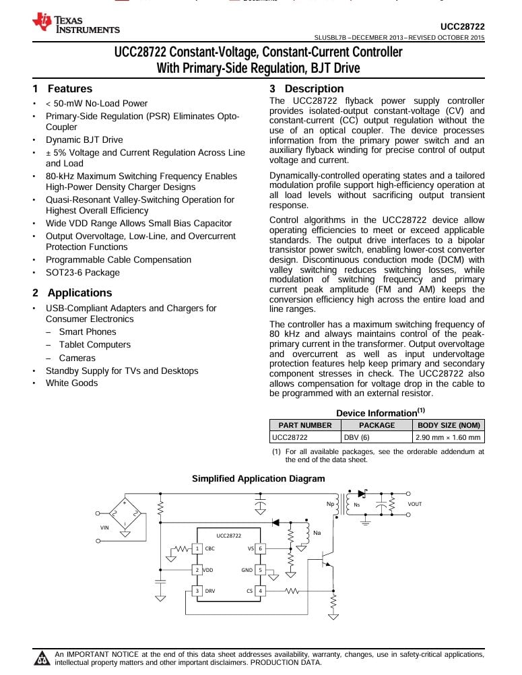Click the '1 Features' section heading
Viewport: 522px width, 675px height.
[63, 89]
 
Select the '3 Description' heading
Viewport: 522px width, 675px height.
[306, 89]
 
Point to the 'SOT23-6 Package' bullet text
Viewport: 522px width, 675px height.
[82, 273]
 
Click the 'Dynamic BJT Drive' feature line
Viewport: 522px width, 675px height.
[84, 140]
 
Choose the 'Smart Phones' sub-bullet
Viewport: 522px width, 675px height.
[87, 332]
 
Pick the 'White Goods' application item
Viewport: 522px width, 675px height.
[71, 383]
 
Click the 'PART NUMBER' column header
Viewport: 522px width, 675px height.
[305, 425]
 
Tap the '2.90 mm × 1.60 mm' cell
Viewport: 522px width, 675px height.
[448, 437]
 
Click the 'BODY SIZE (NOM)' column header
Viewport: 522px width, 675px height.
[449, 425]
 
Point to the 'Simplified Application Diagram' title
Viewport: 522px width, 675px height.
[258, 479]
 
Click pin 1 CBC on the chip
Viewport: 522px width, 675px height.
[198, 548]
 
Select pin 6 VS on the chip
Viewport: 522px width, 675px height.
[261, 548]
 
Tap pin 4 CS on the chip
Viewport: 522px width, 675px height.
[261, 591]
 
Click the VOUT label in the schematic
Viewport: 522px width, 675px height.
[415, 504]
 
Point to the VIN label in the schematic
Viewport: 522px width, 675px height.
[104, 528]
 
